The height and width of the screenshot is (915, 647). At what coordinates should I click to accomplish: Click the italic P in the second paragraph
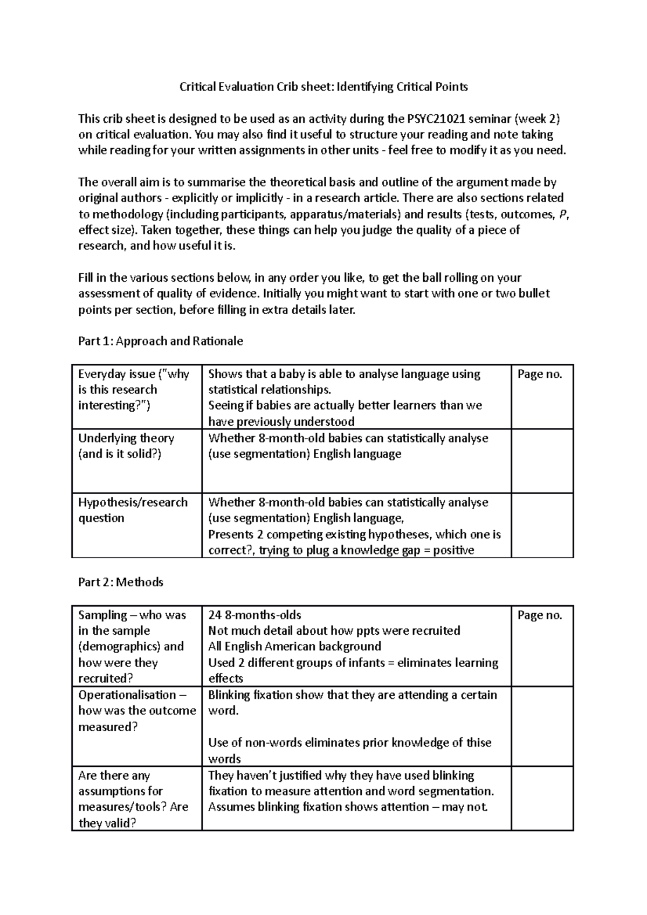563,214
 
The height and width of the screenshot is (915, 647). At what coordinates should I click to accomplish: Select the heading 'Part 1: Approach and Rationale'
160,341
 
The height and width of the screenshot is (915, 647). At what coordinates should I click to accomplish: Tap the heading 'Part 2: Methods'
120,582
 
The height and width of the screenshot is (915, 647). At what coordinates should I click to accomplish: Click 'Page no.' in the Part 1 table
540,374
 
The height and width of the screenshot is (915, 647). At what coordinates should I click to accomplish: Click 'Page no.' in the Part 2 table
540,615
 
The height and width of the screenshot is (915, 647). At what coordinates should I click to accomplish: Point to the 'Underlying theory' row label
126,438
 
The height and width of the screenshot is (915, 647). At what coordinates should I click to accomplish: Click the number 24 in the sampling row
215,615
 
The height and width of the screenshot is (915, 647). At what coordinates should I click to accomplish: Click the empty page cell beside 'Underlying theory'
542,461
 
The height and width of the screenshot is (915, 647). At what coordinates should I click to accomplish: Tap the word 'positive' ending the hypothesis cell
453,550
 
